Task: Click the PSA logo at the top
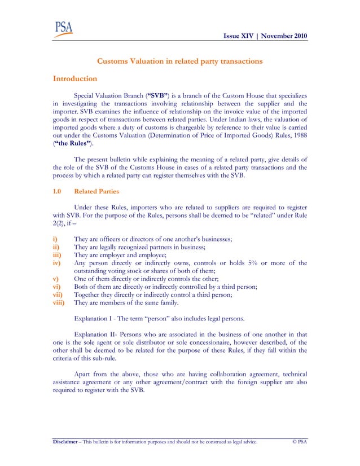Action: click(x=63, y=29)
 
